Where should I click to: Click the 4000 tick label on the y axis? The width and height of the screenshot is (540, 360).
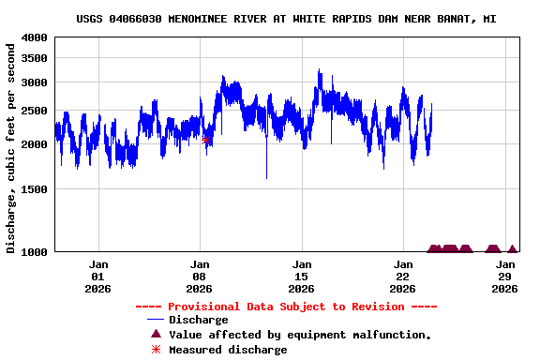point(35,37)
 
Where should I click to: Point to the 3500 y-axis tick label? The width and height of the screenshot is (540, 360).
point(35,58)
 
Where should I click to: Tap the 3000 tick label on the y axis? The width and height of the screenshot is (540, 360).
point(35,82)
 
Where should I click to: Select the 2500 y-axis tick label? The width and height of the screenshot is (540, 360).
point(35,112)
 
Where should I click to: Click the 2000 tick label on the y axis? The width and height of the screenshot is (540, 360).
point(35,144)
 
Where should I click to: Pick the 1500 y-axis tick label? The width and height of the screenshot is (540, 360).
point(35,189)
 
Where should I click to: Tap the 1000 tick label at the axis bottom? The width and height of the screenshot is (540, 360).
point(35,251)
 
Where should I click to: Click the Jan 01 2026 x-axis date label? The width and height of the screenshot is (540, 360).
point(98,277)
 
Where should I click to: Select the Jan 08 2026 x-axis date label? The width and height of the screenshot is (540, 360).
point(200,277)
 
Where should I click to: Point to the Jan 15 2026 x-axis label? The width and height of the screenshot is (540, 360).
point(302,277)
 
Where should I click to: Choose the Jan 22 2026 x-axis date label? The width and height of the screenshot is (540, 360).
point(403,277)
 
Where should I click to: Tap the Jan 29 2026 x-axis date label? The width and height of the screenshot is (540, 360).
point(504,277)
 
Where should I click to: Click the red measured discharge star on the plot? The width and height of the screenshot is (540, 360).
point(206,140)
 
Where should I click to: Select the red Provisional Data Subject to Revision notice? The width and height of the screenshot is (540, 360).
point(286,307)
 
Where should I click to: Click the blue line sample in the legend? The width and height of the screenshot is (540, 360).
point(156,321)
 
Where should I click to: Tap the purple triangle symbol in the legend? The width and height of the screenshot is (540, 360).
point(156,335)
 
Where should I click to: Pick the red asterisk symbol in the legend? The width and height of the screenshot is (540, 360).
point(156,350)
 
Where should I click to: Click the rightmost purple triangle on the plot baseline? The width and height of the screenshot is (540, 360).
point(512,249)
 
